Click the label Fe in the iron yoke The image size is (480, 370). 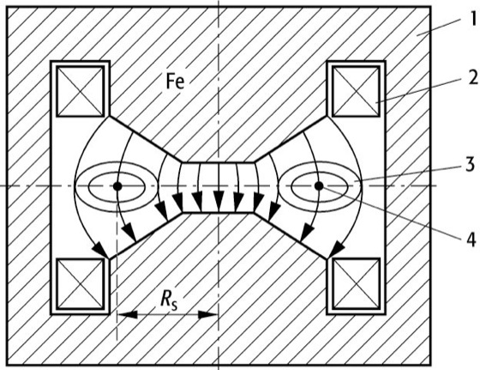175,82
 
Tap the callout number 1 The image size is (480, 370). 472,19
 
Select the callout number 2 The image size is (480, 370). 473,77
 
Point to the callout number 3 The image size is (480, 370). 471,164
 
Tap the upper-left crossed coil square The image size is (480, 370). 81,91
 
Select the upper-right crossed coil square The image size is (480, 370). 356,91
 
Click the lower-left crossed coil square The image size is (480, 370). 81,283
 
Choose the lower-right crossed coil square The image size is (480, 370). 356,283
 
